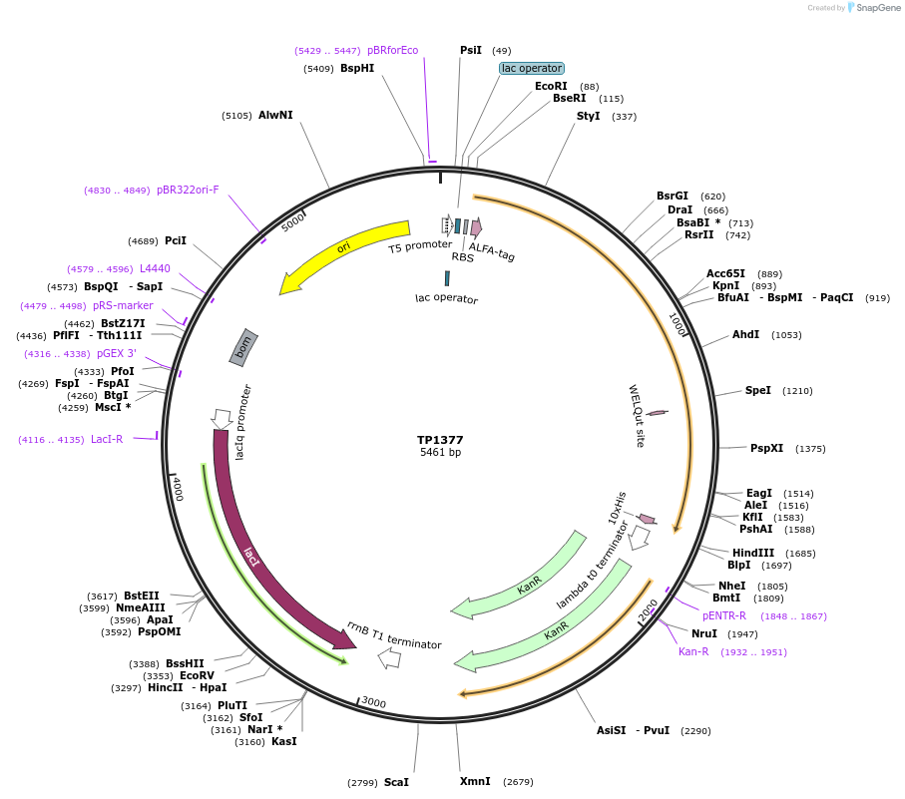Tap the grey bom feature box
tap(244, 346)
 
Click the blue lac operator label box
tap(532, 69)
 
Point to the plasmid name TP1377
tap(440, 440)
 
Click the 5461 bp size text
tap(440, 453)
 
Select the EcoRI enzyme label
tap(551, 87)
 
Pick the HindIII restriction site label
tap(753, 553)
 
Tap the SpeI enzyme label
tap(758, 391)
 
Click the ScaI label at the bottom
tap(396, 782)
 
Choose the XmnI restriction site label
tap(475, 781)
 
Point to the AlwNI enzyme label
tap(275, 116)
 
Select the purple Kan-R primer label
tap(693, 652)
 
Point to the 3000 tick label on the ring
tap(374, 703)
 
